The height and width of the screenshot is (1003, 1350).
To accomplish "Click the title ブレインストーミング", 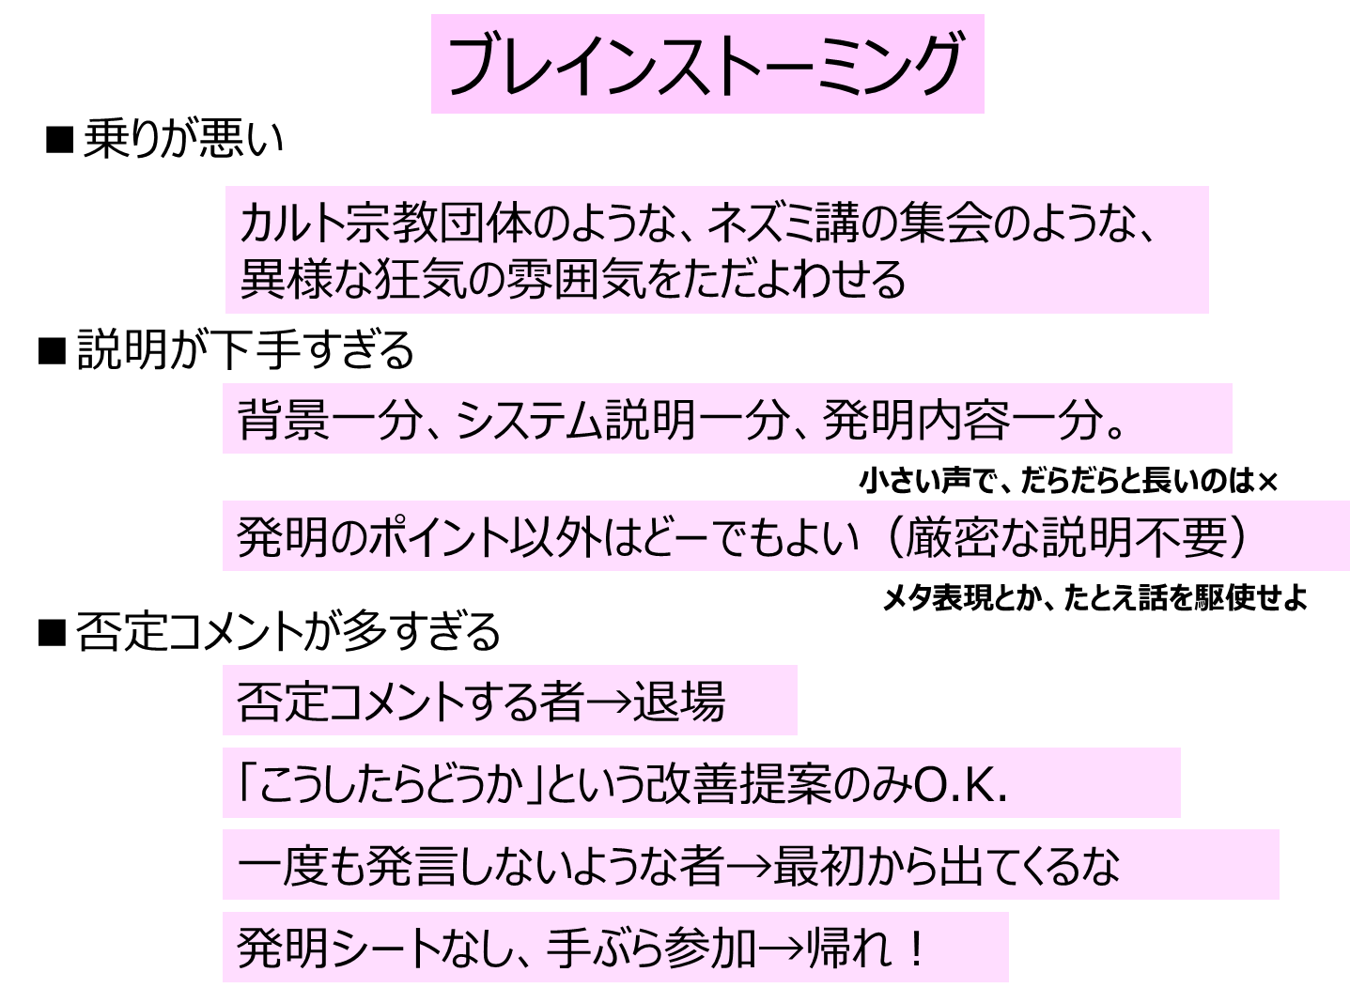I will [x=706, y=65].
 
